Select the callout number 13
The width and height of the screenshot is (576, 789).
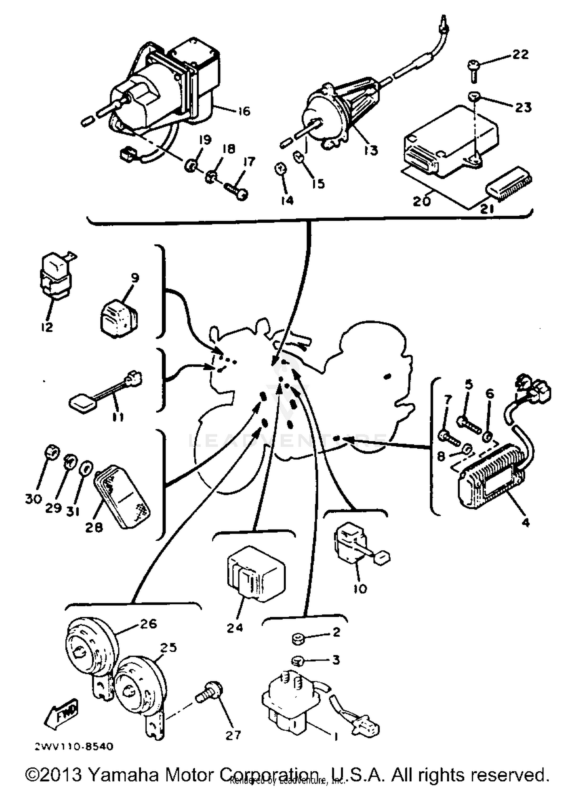[371, 150]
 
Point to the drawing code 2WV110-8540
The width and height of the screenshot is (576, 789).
[74, 747]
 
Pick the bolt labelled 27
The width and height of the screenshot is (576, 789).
[209, 695]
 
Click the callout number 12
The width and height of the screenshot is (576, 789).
[46, 327]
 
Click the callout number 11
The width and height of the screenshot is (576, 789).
[118, 417]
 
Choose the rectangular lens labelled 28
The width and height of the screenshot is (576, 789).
[122, 496]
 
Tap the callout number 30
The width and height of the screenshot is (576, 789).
[33, 499]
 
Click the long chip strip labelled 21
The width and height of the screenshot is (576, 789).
[509, 183]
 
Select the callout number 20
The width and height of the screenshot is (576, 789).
[422, 201]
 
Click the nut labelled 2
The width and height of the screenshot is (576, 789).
[297, 639]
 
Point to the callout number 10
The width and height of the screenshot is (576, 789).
[360, 588]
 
